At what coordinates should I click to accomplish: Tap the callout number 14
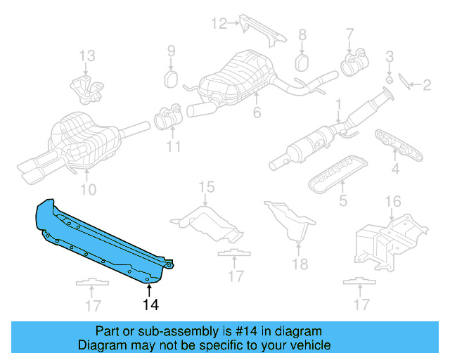[x=150, y=304]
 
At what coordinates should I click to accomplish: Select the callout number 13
[x=86, y=55]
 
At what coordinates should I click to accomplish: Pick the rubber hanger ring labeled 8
[x=302, y=61]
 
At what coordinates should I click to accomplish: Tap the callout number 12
[x=219, y=24]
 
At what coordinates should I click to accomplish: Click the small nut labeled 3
[x=389, y=77]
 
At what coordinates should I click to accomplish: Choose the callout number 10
[x=87, y=190]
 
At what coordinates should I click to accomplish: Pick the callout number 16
[x=393, y=202]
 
